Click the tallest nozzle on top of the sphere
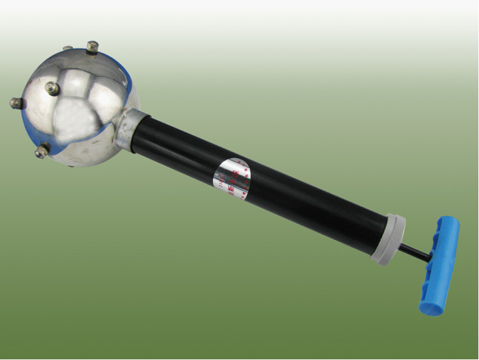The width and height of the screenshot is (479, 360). [x=92, y=47]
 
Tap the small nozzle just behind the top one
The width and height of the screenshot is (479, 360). [x=67, y=49]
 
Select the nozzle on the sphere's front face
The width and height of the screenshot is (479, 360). [x=52, y=89]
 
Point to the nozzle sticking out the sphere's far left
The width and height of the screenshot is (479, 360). [x=16, y=102]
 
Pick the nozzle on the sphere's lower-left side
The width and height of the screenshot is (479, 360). [x=42, y=151]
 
